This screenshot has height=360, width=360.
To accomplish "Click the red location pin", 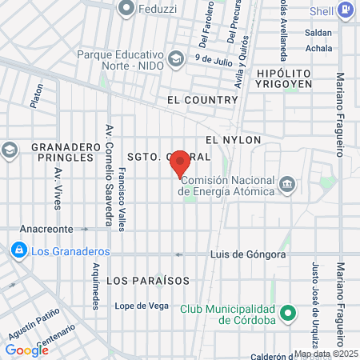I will point(180,163).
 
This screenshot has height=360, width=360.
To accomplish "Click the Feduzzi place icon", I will point(125,10).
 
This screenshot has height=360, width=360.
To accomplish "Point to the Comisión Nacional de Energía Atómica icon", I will point(288,186).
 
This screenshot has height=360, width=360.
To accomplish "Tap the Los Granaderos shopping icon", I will point(17,250).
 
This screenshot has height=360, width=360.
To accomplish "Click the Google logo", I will point(26,350).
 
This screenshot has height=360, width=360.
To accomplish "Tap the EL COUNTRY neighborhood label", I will point(203,100).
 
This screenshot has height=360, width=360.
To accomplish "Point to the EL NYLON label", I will point(233,139).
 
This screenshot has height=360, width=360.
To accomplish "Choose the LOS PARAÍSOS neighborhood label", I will point(148,281).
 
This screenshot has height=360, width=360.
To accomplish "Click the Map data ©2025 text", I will point(326,354).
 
